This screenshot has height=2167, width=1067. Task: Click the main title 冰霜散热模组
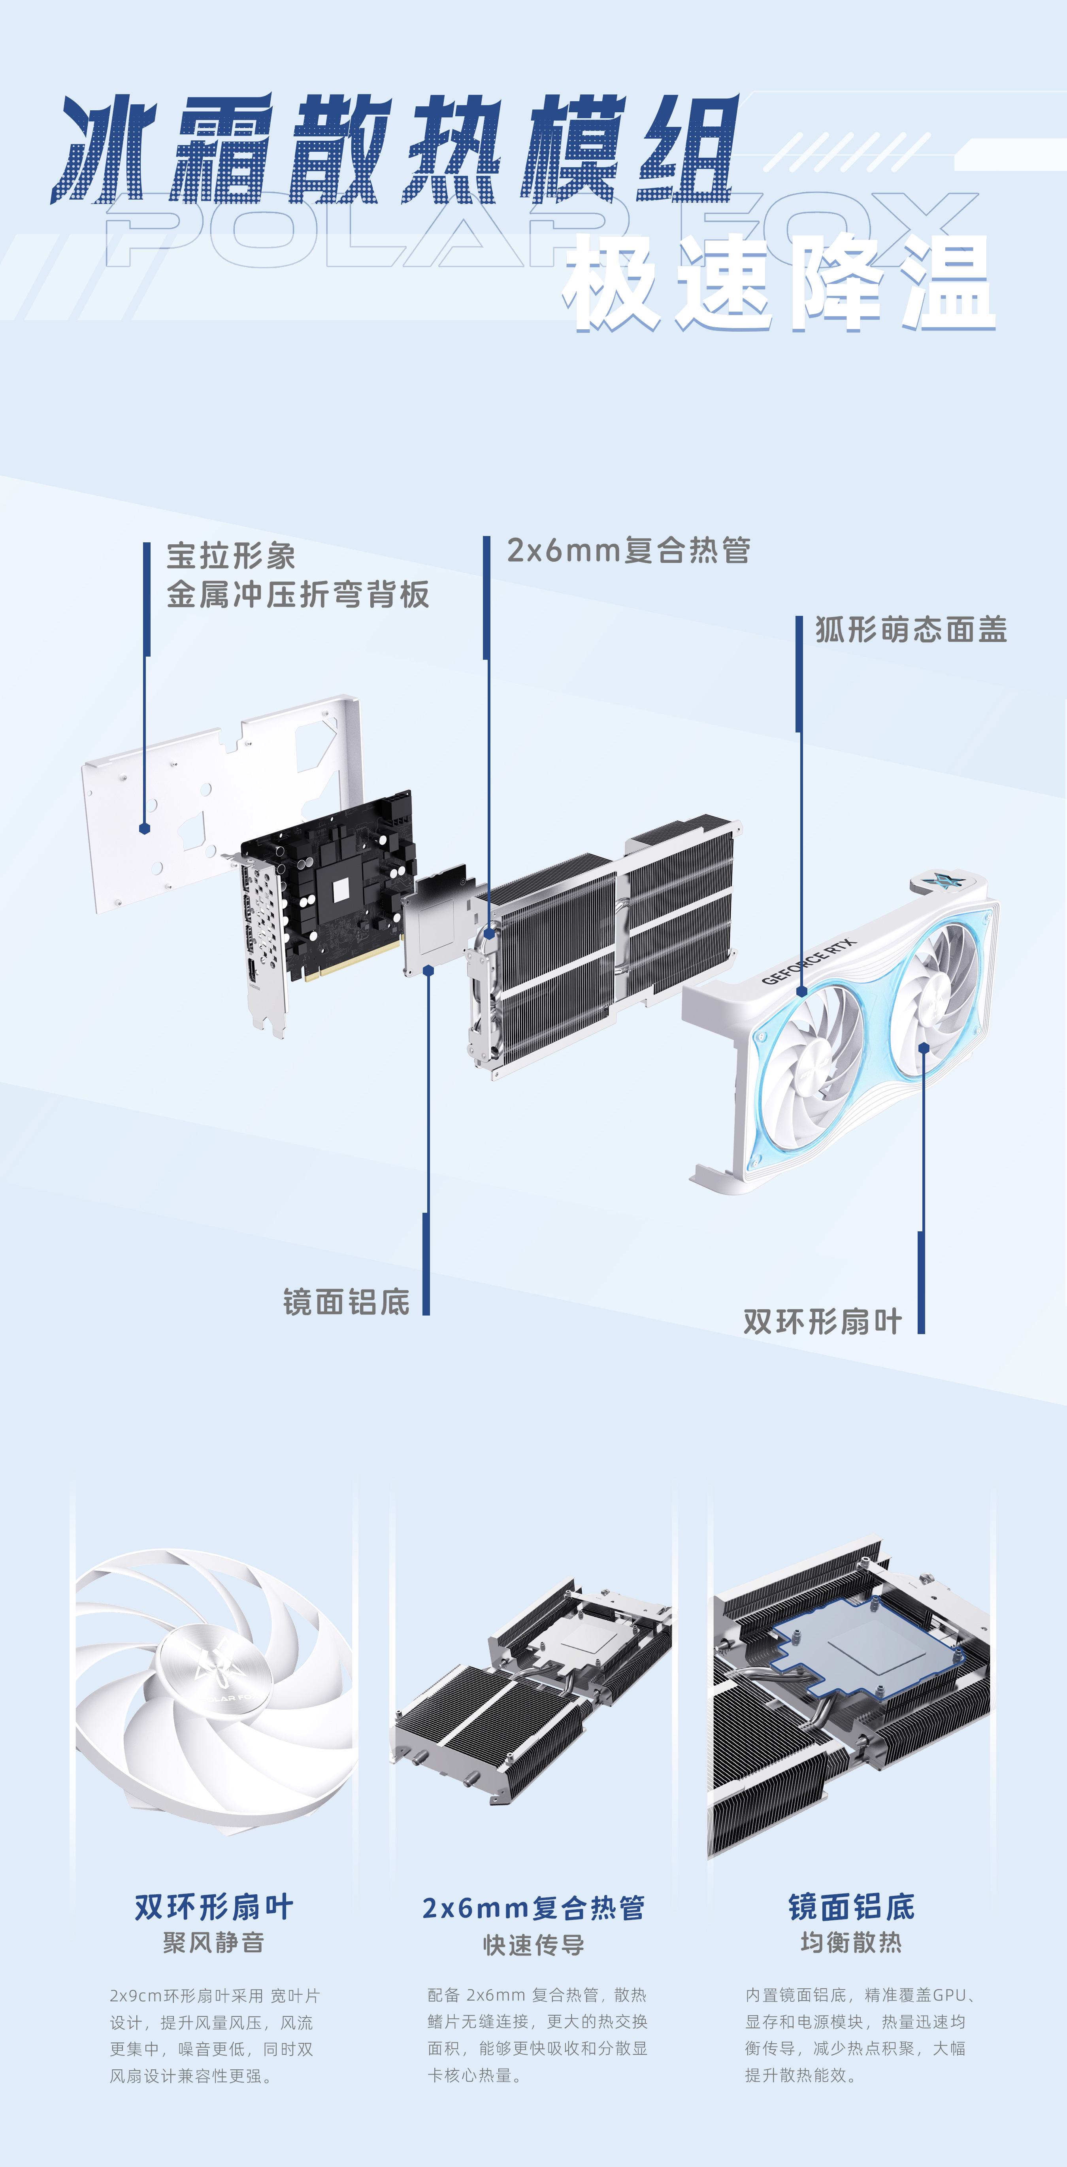point(395,150)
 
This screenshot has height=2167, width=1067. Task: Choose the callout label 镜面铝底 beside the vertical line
point(347,1302)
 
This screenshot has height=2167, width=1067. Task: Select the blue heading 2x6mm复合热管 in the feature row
point(533,1908)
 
